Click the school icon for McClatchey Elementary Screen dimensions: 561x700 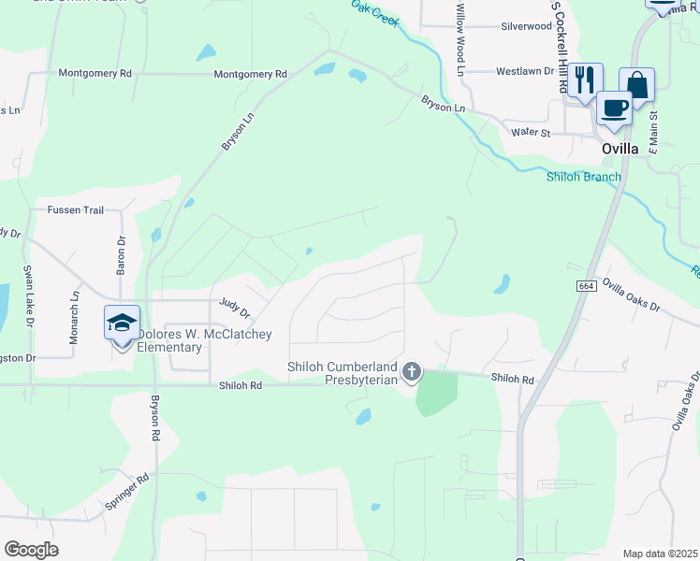[x=123, y=324]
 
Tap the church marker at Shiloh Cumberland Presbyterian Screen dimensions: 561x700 [x=411, y=373]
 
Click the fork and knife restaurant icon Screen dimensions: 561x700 [x=585, y=79]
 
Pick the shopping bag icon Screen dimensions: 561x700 [x=636, y=84]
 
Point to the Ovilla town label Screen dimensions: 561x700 [x=620, y=148]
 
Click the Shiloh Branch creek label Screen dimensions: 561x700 [x=584, y=177]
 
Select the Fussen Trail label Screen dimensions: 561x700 [x=76, y=210]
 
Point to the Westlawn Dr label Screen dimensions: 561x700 [x=525, y=71]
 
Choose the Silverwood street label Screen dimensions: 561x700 [x=527, y=26]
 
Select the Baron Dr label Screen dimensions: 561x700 [x=121, y=253]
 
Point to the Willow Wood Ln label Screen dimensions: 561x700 [x=459, y=38]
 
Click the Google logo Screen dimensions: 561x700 [x=31, y=550]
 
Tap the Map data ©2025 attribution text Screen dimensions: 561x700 [x=660, y=554]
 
